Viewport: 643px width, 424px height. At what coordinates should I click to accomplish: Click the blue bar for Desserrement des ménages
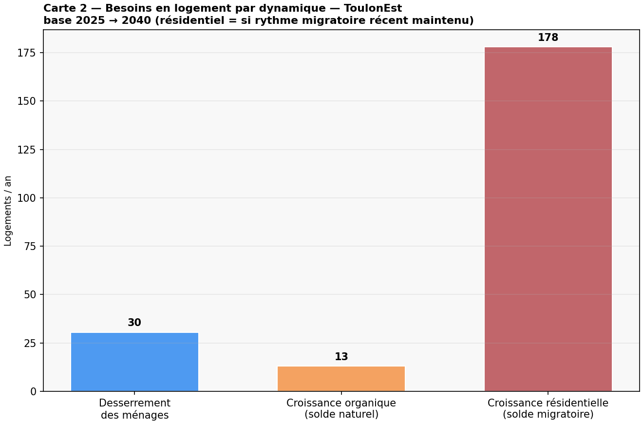pos(134,362)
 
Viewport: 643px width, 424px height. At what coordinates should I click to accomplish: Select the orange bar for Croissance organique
pos(341,379)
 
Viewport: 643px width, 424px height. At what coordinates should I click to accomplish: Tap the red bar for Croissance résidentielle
pos(548,219)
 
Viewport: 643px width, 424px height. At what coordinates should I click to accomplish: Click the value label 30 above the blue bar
pos(134,322)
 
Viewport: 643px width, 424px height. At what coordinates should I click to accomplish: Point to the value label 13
pos(341,356)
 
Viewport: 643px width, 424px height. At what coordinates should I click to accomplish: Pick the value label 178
pos(548,38)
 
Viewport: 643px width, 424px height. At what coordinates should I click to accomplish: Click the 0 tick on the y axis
pos(34,391)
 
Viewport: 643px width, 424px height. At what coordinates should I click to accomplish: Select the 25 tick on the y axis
pos(30,343)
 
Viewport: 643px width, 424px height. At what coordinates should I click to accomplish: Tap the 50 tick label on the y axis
pos(30,295)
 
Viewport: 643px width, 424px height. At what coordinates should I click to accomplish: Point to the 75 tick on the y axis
pos(30,247)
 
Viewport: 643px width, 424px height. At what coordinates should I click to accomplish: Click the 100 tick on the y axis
pos(27,198)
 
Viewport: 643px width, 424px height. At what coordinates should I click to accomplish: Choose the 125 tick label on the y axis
pos(27,150)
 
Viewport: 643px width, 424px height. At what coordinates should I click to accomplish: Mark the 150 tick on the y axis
pos(27,101)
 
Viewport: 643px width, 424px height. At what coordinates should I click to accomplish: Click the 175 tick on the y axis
pos(27,53)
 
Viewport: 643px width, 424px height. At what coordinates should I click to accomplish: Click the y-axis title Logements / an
pos(8,211)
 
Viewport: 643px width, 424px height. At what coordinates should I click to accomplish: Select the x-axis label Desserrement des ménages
pos(134,409)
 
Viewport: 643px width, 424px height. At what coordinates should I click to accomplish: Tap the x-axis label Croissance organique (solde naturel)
pos(341,408)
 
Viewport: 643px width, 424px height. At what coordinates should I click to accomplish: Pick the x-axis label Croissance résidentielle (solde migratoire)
pos(548,408)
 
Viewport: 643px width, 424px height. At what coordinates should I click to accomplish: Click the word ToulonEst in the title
pos(373,8)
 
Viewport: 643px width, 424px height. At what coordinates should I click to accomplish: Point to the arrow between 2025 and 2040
pos(113,20)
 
